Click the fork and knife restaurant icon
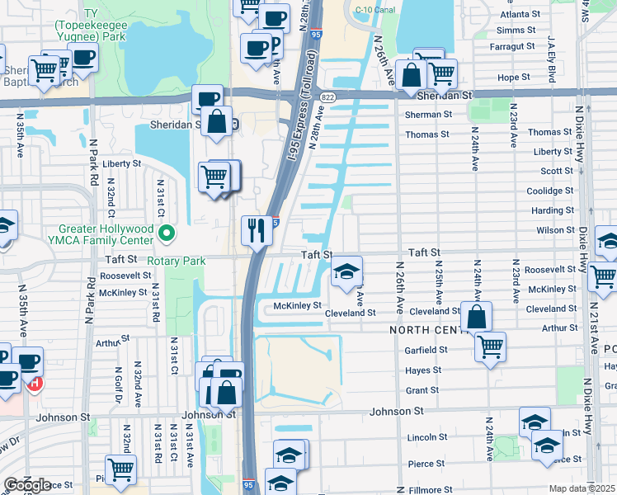pos(257,230)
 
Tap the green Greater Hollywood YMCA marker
pos(166,234)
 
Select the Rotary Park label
pos(177,261)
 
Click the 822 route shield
pos(328,97)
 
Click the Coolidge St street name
pos(550,191)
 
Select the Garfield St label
pos(426,349)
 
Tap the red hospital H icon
pos(35,382)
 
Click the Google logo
pos(27,484)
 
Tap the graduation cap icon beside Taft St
pos(347,271)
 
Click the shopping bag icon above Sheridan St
pos(410,75)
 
